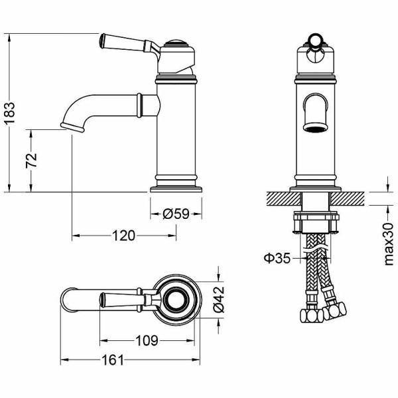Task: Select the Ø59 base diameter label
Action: coord(176,214)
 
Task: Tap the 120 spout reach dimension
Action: coord(123,235)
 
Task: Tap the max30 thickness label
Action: coord(388,245)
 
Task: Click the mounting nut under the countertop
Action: coord(316,224)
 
